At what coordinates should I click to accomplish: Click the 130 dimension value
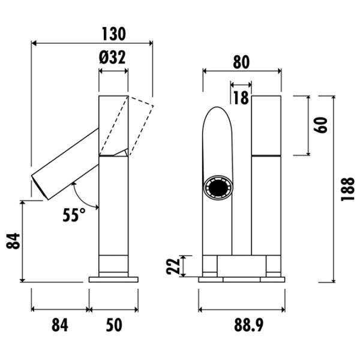coord(114,34)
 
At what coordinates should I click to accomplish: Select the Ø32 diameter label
coord(113,57)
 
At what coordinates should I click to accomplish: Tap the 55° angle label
coord(74,215)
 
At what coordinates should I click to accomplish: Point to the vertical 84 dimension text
coord(13,241)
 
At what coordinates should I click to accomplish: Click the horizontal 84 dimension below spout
coord(60,325)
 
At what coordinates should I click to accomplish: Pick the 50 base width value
coord(114,325)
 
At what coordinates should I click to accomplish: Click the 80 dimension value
coord(241,62)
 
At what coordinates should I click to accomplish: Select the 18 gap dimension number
coord(241,98)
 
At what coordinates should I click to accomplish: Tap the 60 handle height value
coord(320,125)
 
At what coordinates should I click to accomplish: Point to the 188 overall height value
coord(347,189)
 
